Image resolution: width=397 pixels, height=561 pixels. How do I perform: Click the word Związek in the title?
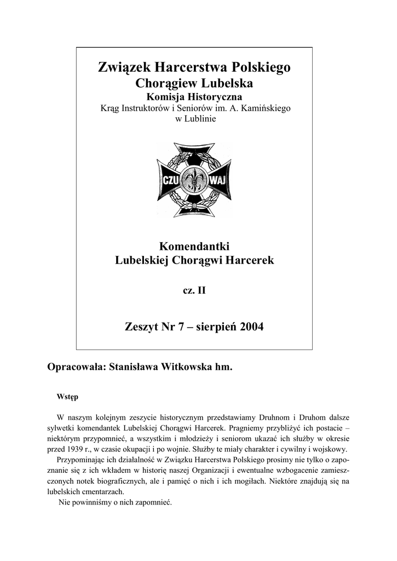[x=124, y=68]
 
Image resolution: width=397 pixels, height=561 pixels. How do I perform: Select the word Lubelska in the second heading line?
[x=225, y=84]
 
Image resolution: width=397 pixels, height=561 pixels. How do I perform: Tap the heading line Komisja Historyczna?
[x=194, y=97]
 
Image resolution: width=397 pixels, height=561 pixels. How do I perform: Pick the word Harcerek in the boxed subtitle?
[x=251, y=260]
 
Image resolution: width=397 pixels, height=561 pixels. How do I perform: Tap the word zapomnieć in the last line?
[x=154, y=502]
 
